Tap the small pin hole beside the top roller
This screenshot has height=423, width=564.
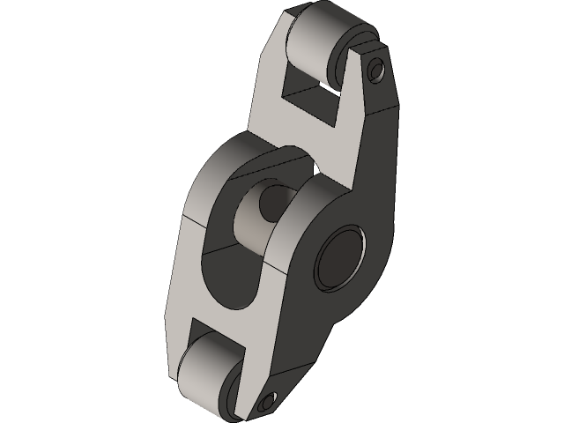click(377, 68)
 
